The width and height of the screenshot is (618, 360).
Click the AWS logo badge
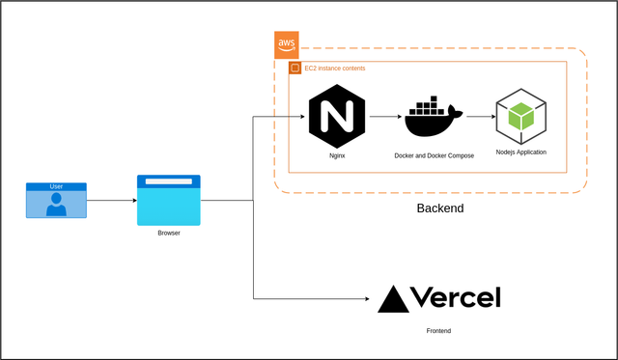tap(287, 45)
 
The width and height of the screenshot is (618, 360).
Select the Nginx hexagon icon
tap(337, 116)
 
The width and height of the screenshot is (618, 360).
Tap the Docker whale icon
tap(434, 116)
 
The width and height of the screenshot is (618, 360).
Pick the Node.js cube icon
tap(521, 116)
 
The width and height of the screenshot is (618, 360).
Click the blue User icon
tap(56, 200)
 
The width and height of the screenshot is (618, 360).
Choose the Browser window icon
tap(169, 200)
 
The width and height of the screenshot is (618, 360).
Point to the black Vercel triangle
tap(393, 299)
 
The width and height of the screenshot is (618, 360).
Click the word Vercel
tap(456, 297)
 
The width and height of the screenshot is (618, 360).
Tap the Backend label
tap(440, 208)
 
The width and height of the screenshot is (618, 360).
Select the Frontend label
tap(438, 331)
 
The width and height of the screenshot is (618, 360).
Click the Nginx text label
tap(337, 155)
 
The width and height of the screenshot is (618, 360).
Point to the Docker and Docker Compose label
tap(434, 155)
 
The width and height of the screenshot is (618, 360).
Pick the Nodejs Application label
tap(521, 152)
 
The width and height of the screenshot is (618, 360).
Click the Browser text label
tap(169, 233)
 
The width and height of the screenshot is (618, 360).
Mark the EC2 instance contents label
tap(335, 69)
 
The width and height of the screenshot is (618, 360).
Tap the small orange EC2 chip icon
tap(295, 68)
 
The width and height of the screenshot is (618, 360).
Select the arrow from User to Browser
tap(112, 201)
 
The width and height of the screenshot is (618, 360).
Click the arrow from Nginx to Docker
tap(386, 117)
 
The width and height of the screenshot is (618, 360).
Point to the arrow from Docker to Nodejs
tap(481, 117)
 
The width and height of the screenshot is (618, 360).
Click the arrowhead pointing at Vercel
tap(367, 299)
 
